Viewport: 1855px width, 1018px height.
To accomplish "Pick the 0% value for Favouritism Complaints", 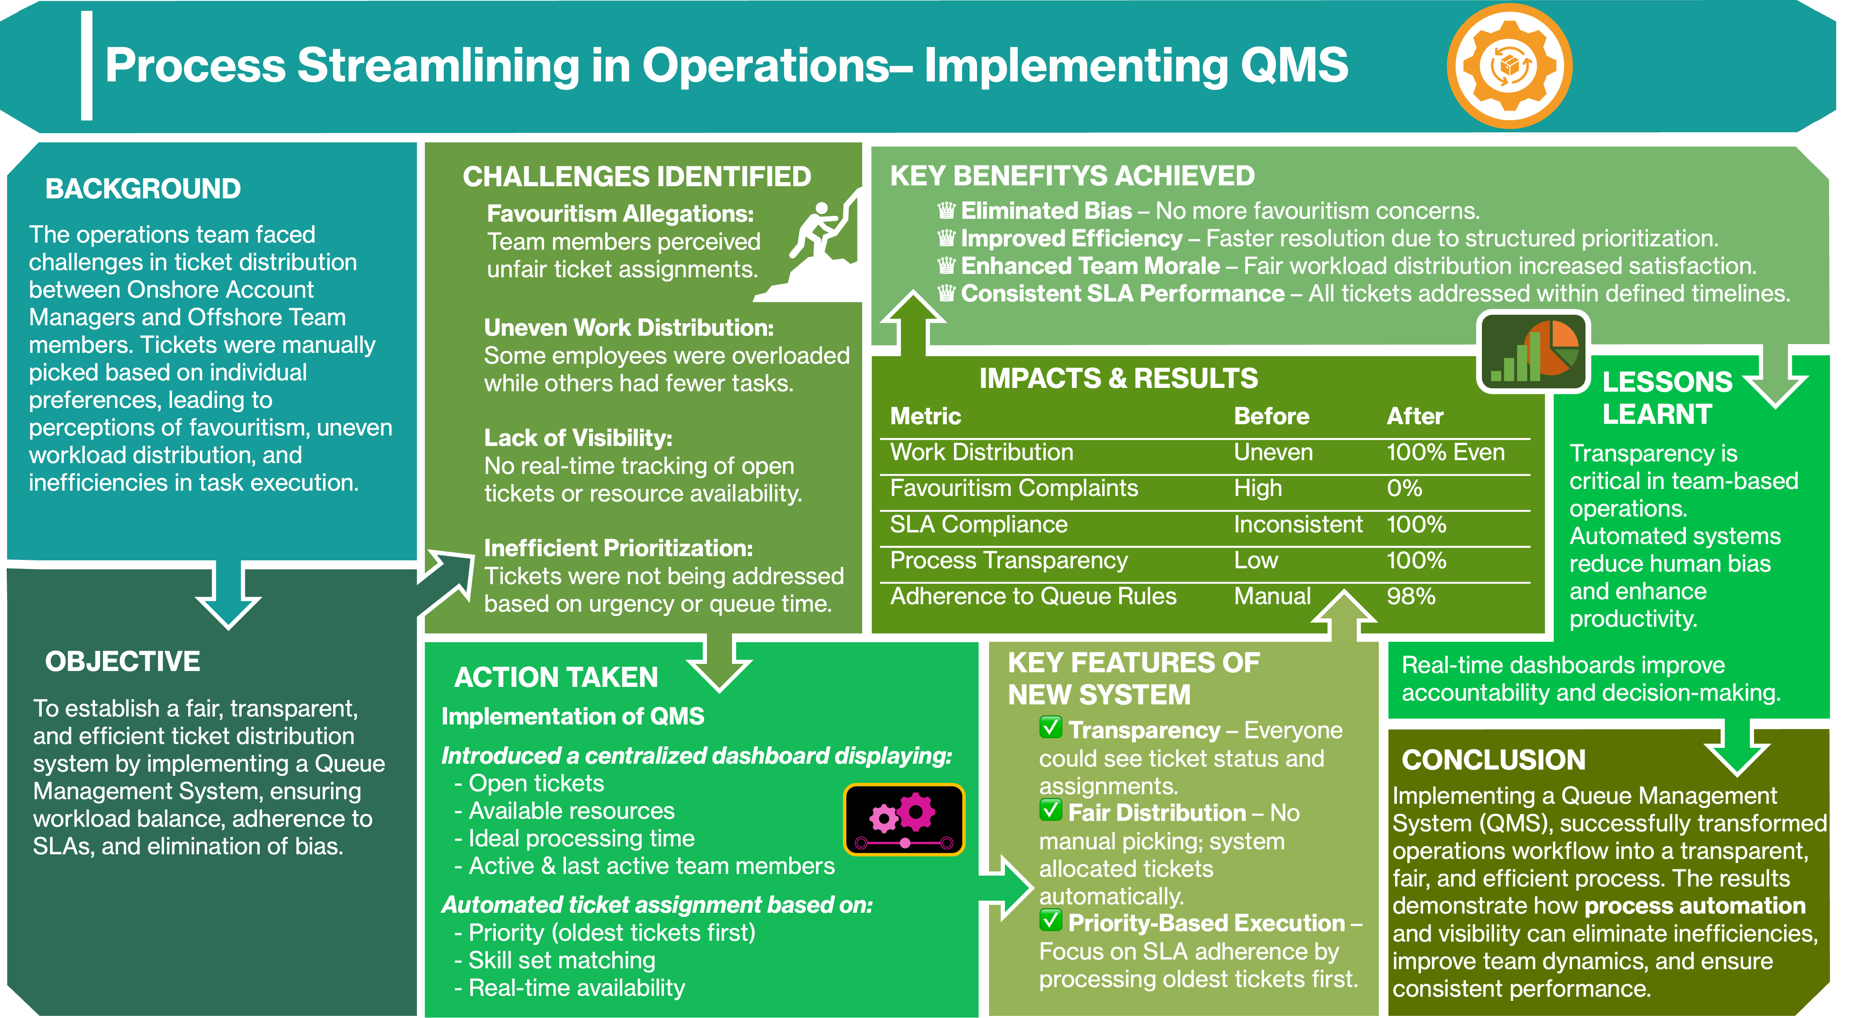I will coord(1404,489).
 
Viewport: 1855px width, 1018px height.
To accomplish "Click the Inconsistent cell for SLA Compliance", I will coord(1297,524).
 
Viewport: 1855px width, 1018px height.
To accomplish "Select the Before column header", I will coord(1271,416).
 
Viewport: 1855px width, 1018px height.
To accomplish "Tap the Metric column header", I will coord(925,416).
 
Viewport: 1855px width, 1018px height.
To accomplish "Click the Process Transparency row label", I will coord(1008,560).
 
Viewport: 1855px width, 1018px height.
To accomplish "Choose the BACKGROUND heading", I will coord(143,189).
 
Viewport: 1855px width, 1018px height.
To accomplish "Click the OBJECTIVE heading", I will coord(122,661).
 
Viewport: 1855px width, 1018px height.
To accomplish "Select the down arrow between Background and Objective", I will coord(228,594).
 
